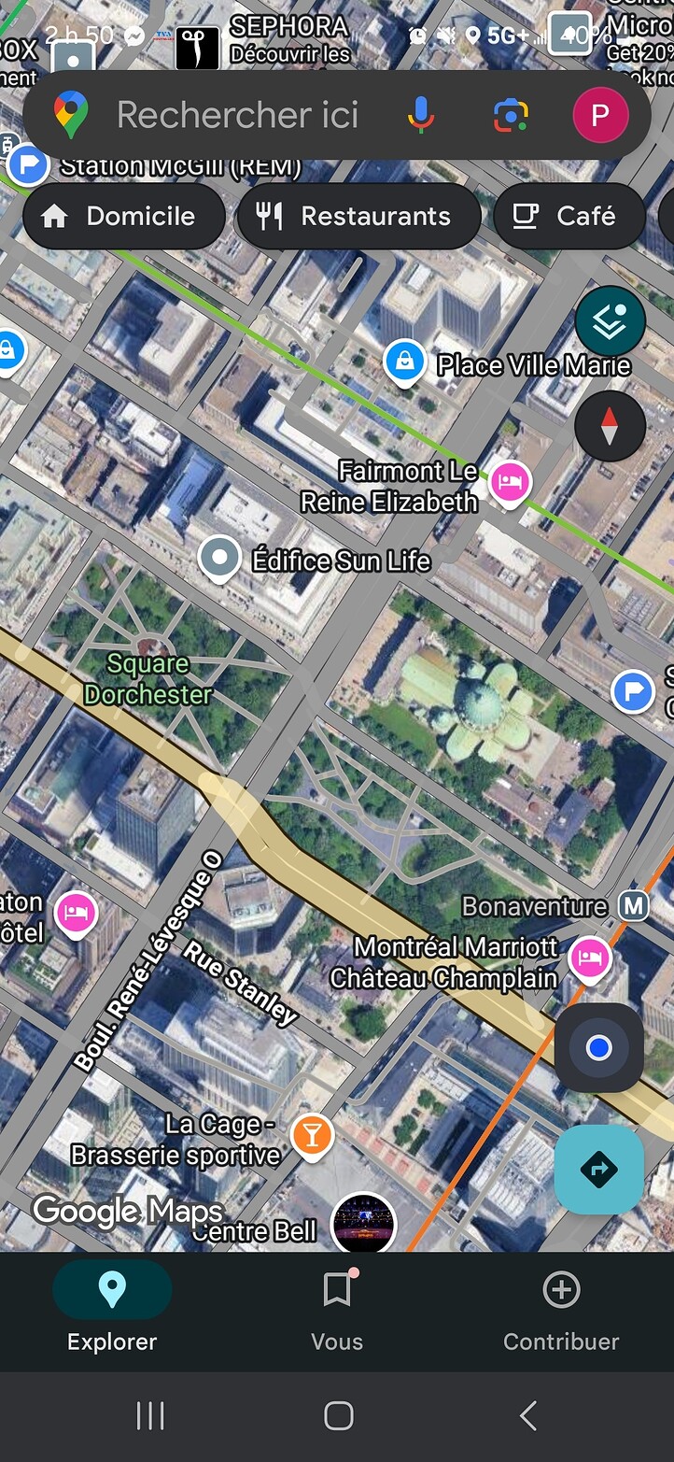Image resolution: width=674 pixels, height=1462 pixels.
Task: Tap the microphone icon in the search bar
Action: tap(421, 115)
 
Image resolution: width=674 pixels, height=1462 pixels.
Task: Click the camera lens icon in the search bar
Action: tap(510, 115)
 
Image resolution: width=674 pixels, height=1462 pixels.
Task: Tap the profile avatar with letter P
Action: tap(600, 115)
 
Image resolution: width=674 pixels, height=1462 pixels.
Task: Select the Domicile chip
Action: tap(123, 216)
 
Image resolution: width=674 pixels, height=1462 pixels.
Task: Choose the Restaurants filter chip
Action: tap(359, 216)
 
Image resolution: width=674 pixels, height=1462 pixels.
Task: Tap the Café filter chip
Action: tap(568, 216)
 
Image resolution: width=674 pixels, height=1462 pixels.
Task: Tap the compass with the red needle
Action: tap(610, 426)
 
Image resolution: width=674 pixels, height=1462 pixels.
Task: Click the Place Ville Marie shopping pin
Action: tap(405, 361)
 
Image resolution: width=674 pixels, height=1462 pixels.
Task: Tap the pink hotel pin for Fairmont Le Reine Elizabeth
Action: tap(510, 482)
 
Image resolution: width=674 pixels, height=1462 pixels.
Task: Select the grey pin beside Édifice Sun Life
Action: tap(219, 558)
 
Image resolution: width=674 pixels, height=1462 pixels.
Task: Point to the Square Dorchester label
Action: tap(147, 679)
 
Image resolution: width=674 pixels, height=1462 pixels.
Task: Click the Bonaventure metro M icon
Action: tap(635, 905)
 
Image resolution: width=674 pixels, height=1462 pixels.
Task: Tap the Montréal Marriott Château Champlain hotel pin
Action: tap(590, 958)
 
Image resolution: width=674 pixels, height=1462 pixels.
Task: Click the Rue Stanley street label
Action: tap(240, 984)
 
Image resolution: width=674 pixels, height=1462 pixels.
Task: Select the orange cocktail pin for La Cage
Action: tap(312, 1135)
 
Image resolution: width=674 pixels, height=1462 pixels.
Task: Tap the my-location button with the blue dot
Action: tap(599, 1048)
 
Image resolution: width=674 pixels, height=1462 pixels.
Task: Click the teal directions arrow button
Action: tap(599, 1170)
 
